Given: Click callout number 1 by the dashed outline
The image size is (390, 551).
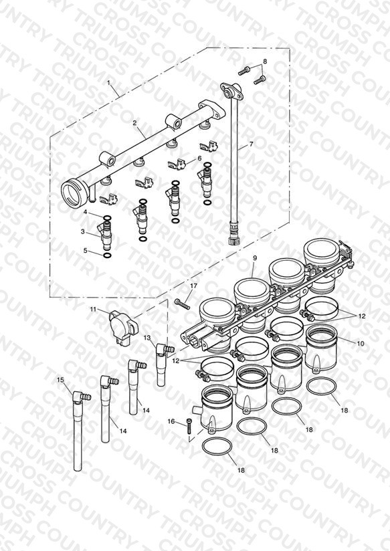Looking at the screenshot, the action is (108, 83).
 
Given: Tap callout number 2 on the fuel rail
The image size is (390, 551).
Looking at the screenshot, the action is (134, 122).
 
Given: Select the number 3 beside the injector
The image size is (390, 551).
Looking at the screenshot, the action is (83, 231).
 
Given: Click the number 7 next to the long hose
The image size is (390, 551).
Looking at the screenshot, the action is (251, 144).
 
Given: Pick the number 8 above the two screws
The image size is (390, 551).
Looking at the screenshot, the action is (265, 61).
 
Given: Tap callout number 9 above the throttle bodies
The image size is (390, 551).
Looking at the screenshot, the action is (255, 258).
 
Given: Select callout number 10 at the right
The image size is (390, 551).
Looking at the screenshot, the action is (361, 344).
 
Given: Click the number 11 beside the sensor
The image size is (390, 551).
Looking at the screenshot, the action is (93, 309).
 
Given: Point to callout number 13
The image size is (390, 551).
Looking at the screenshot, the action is (147, 337).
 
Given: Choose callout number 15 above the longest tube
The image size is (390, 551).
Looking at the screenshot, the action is (60, 380).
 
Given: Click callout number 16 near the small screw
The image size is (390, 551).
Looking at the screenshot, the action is (171, 421).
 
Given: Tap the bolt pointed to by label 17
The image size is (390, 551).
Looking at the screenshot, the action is (182, 304).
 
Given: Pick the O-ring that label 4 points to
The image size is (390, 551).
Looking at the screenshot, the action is (107, 217).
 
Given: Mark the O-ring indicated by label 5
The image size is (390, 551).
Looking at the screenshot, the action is (107, 255).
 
